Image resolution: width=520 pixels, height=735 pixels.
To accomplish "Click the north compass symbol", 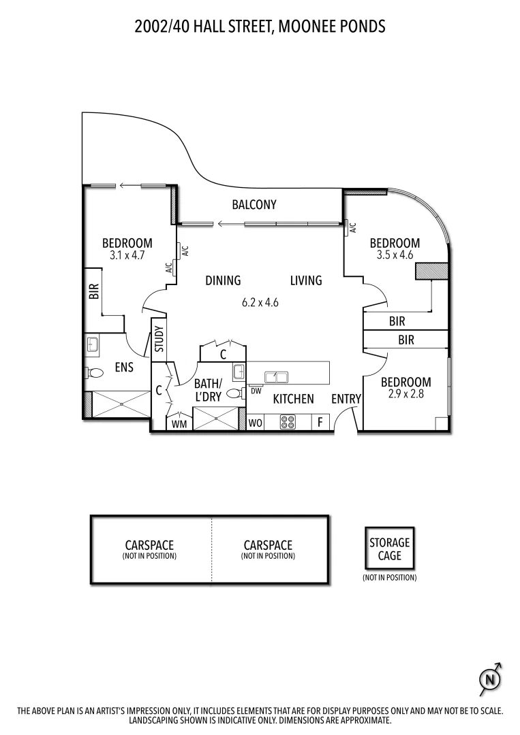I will point(489,678).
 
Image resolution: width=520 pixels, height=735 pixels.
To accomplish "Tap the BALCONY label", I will point(254,204).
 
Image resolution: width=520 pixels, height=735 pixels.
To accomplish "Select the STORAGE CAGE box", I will point(389,549).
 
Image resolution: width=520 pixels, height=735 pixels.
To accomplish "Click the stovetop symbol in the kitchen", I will point(288,422).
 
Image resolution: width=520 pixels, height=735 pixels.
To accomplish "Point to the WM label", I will point(179,424).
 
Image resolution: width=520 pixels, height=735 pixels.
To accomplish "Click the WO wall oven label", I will point(256,423).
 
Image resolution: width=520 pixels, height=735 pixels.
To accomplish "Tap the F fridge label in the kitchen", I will point(319,423).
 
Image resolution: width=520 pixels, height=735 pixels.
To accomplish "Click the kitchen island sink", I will point(276,376).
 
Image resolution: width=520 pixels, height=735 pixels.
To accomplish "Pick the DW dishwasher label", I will point(256,391).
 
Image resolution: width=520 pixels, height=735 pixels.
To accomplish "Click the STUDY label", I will point(159,339).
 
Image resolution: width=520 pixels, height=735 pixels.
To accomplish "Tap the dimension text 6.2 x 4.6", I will point(260,304).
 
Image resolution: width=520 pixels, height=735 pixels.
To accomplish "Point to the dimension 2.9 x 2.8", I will point(406,393).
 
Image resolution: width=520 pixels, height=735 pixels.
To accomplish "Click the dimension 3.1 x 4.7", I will point(127,256).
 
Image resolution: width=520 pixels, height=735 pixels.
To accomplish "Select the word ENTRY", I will point(346,399).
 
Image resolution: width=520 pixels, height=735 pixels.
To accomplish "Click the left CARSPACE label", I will point(149,545).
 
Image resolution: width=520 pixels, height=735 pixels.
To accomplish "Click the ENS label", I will point(123,367).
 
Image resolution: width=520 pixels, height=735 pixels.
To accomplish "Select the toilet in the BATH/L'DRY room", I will point(234,393).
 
